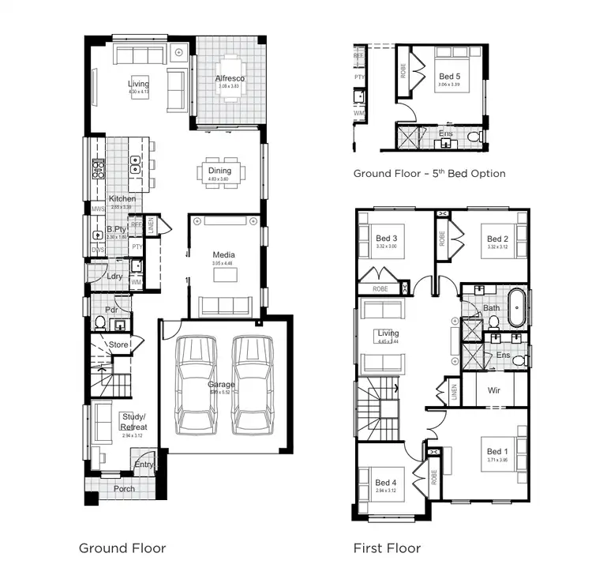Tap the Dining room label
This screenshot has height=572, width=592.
pos(219,171)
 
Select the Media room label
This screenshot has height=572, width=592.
pos(223,254)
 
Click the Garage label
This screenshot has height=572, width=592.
pos(222,385)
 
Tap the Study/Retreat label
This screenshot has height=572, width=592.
pos(133,421)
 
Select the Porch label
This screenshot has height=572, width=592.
pos(124,489)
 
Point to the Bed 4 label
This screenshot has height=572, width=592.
pos(385,483)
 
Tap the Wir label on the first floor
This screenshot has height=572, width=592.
pos(493,390)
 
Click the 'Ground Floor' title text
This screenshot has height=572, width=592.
pos(122,548)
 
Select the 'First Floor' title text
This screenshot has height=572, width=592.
pos(387,548)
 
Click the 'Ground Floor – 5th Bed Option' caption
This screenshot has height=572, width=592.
pos(429,173)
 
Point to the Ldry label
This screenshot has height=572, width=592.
pos(114,277)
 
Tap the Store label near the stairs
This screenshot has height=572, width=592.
pos(118,344)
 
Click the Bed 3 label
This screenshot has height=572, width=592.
pos(386,239)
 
